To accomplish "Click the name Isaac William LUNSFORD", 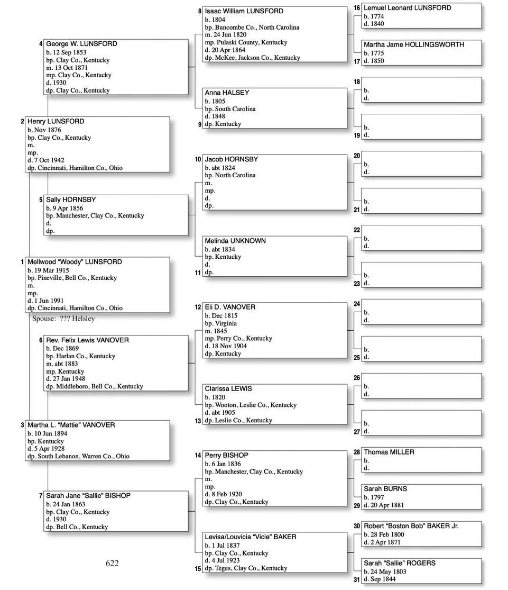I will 244,11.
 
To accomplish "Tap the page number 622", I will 112,564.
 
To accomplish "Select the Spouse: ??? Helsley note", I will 63,319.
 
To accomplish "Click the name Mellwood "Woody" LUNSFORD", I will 75,262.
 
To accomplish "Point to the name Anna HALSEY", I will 227,93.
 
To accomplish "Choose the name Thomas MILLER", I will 389,452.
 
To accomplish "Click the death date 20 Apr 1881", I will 386,505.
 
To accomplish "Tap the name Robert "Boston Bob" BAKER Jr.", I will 411,527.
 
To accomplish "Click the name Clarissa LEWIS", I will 228,389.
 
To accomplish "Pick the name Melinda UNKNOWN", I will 235,241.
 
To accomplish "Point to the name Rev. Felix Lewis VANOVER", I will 87,340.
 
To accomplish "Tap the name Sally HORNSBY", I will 71,200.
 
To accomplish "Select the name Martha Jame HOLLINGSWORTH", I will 414,45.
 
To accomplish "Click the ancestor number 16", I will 357,8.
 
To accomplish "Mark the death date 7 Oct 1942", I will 50,160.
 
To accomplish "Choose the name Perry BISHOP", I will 226,456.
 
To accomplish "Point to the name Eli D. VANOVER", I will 230,307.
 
